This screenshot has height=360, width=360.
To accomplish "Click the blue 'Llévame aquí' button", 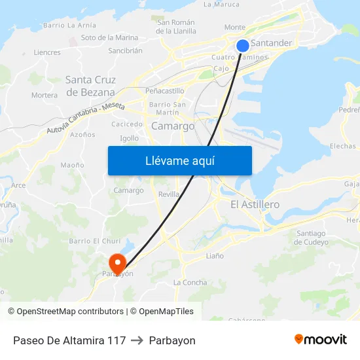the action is pos(179,160).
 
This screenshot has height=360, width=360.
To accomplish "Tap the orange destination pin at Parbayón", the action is pos(118,264).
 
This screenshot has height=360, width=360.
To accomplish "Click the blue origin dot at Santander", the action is pos(242,45).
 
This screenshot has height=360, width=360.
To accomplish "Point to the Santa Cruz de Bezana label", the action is pos(90,86).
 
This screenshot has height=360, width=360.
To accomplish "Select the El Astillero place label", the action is pos(255,204).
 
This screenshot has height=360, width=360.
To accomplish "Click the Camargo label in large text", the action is pos(173,126).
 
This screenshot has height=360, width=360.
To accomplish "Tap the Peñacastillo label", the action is pos(165,91).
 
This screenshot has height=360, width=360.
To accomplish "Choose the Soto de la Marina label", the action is pos(109,38).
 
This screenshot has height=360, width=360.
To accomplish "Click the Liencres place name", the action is pos(47,52).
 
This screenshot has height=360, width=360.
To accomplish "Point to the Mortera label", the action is pos(45,95).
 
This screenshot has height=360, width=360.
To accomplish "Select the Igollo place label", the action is pos(130,138).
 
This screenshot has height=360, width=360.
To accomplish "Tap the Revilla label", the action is pos(169,194).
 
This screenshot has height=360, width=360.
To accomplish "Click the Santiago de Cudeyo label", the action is pos(311,238).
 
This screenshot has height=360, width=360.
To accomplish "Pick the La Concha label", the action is pos(190,282).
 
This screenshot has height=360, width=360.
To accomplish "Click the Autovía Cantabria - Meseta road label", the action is pos(85,118).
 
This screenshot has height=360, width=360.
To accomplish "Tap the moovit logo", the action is pos(321,340).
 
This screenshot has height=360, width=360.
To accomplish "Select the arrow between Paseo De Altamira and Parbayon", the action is pos(137,340).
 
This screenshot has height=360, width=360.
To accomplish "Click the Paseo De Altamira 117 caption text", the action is pos(69,340).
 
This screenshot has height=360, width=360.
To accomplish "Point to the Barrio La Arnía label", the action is pos(69,25).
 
